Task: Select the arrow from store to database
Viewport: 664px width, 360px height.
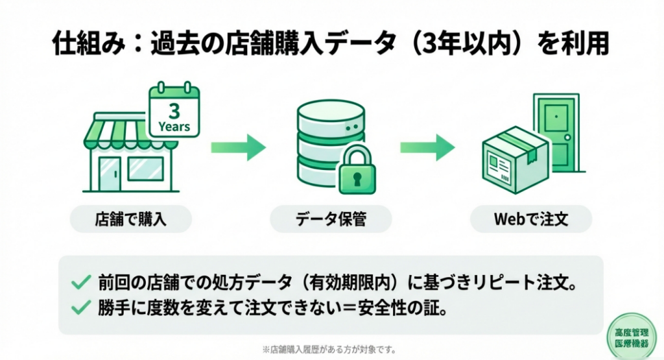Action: [x=239, y=148]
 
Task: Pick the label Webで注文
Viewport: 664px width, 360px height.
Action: [x=531, y=219]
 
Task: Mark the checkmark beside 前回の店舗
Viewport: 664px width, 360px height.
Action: [x=80, y=283]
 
